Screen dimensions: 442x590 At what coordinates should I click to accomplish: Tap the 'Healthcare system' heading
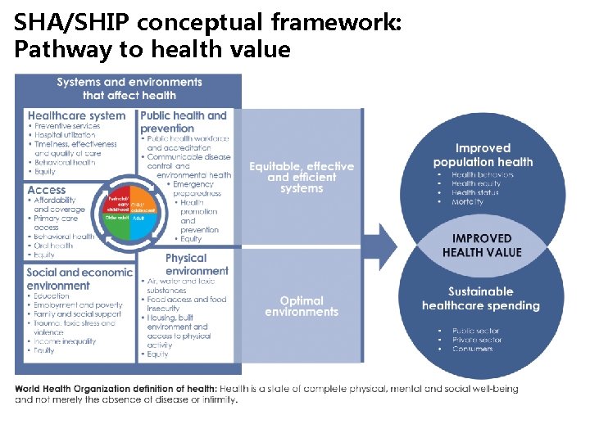point(76,115)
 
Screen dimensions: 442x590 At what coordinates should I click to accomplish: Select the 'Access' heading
point(47,190)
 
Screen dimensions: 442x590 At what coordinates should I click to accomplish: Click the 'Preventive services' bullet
point(67,126)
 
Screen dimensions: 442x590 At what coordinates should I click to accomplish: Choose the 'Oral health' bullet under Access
point(53,246)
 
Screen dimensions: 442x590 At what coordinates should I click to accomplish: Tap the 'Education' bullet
point(52,295)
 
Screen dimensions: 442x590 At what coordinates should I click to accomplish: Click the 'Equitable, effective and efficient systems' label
point(302,177)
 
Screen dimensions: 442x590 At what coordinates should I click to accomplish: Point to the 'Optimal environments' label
point(302,306)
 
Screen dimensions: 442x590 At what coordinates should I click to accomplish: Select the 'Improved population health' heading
point(483,155)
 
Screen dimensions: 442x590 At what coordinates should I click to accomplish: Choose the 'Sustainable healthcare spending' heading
point(481,299)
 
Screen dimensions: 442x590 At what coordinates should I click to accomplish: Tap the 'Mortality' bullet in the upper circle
point(467,202)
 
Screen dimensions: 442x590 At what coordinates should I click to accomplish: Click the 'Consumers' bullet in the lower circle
point(472,350)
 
